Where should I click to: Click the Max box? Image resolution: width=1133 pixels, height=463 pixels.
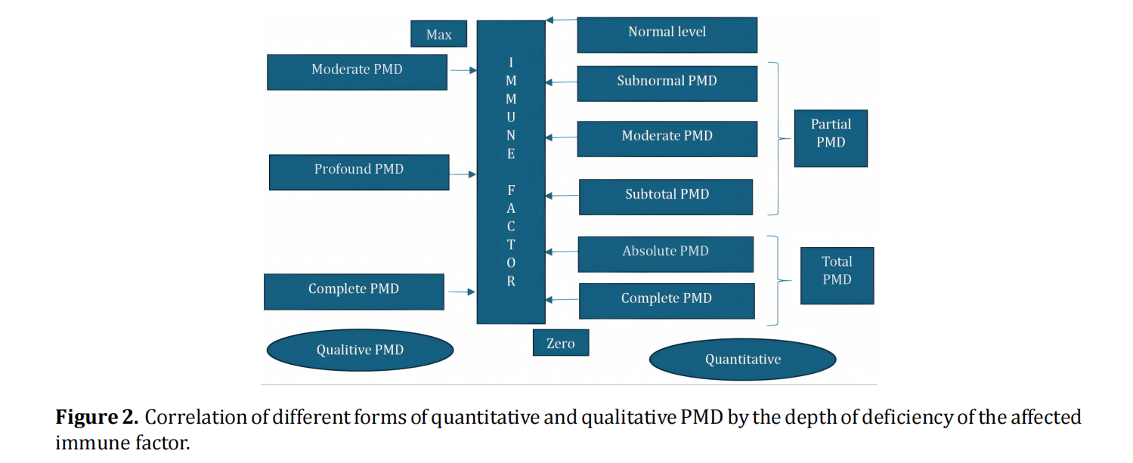point(438,34)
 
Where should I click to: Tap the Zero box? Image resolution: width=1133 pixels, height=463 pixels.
point(560,343)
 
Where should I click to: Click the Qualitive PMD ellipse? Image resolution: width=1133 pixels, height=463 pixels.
point(360,350)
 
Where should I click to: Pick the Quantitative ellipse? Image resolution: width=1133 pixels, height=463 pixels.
point(742,359)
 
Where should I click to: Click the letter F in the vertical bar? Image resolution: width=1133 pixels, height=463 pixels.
point(511,190)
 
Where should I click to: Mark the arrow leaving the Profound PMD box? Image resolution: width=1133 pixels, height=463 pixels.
point(463,174)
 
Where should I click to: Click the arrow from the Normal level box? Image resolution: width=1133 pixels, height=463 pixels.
point(561,20)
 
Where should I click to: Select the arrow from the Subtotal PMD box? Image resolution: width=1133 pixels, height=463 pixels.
point(562,196)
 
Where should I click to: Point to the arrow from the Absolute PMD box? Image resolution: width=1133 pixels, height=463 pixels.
point(561,251)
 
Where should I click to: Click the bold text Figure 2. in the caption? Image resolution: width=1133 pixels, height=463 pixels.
point(97,417)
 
